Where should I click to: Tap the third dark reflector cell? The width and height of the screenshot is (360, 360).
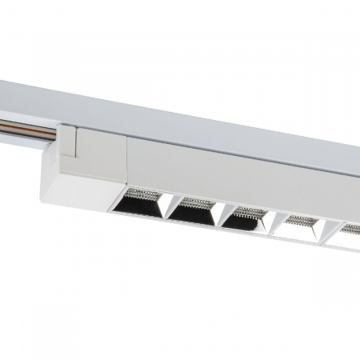[244, 218]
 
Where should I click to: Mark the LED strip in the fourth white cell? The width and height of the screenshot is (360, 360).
[302, 218]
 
